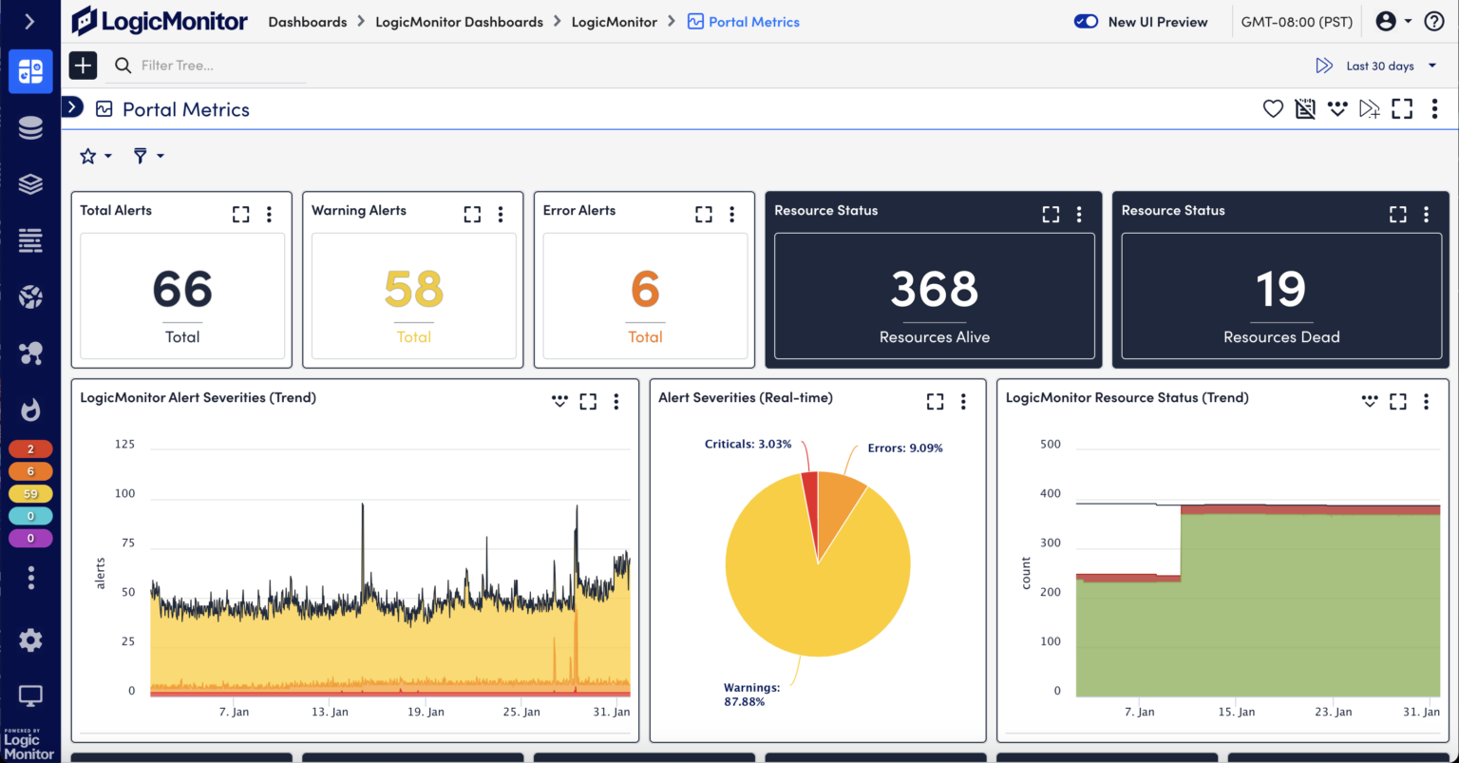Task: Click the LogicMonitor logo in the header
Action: [160, 21]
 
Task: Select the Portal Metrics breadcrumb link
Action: [754, 22]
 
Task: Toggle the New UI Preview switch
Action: [1086, 22]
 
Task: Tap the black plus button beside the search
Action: [84, 66]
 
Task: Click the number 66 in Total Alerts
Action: [182, 289]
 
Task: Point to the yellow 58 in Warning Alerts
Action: [413, 289]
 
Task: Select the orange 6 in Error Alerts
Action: [645, 289]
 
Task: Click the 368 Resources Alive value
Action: [934, 289]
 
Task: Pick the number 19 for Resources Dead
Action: [1280, 289]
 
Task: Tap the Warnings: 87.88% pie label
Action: [751, 694]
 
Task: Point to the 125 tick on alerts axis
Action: [124, 444]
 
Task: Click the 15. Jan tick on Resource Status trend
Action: [1236, 712]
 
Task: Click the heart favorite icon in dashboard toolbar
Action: [1273, 109]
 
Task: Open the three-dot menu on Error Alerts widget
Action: [731, 215]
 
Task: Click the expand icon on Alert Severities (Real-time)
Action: [936, 402]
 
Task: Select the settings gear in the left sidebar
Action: [30, 640]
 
